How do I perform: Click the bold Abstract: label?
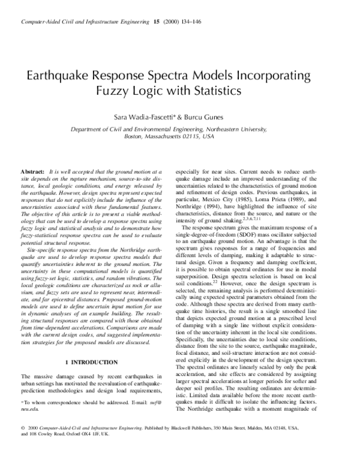click(x=32, y=171)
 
